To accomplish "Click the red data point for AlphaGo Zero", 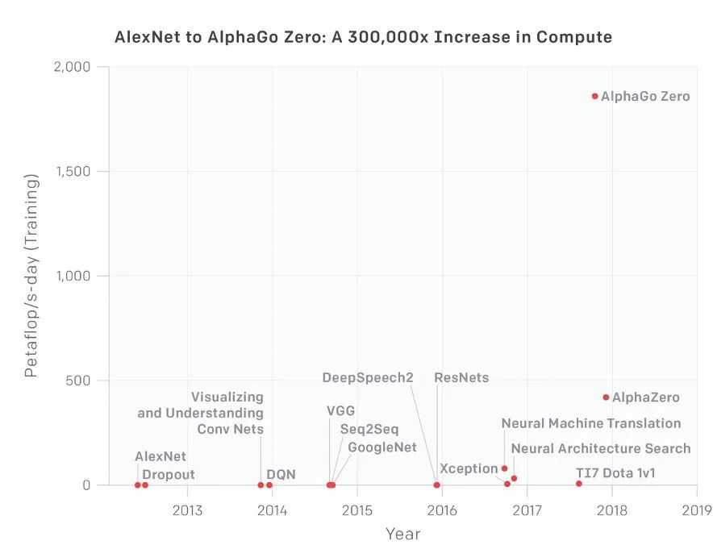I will pyautogui.click(x=595, y=96).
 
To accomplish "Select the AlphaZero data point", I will pyautogui.click(x=606, y=397).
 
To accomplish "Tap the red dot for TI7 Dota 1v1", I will pyautogui.click(x=579, y=484).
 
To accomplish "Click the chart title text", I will pyautogui.click(x=363, y=37).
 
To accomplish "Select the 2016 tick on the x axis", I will pyautogui.click(x=442, y=510).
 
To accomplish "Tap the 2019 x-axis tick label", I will pyautogui.click(x=696, y=510).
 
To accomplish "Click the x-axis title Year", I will pyautogui.click(x=402, y=533).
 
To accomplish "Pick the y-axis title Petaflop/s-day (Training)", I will pyautogui.click(x=31, y=275).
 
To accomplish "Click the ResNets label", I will pyautogui.click(x=461, y=377).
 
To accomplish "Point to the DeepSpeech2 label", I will pyautogui.click(x=368, y=377).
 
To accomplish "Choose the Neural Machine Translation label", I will pyautogui.click(x=591, y=423).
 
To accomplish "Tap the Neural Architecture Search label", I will pyautogui.click(x=601, y=448).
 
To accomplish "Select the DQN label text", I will pyautogui.click(x=281, y=475).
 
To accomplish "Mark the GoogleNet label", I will pyautogui.click(x=382, y=447).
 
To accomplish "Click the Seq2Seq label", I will pyautogui.click(x=369, y=429).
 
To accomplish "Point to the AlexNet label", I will pyautogui.click(x=161, y=456).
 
